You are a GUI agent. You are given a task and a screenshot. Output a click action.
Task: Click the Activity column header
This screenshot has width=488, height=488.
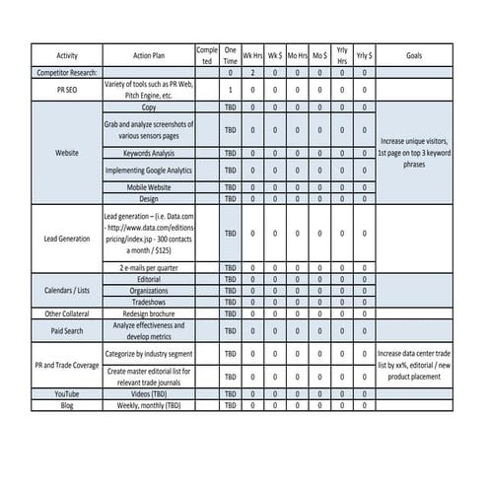(x=67, y=55)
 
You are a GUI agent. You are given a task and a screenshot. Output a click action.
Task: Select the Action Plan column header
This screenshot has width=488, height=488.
(x=149, y=55)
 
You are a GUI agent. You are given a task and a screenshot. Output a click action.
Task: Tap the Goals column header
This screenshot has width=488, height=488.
(x=414, y=55)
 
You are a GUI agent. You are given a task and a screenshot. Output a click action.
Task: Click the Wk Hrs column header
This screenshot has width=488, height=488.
(x=252, y=55)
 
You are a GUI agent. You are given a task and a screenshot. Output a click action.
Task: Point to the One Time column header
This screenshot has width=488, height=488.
(x=230, y=55)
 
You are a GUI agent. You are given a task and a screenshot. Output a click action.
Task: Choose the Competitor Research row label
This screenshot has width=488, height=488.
(x=67, y=73)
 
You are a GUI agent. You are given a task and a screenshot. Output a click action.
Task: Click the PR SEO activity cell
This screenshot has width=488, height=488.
(x=67, y=89)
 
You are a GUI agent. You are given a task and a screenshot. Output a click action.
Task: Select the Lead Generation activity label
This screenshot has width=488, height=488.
(x=67, y=238)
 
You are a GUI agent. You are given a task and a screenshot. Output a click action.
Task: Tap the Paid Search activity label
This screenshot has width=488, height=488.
(x=67, y=331)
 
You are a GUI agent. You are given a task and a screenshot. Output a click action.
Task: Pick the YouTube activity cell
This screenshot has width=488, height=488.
(x=67, y=393)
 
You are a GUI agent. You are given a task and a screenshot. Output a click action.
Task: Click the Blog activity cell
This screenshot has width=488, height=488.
(x=67, y=405)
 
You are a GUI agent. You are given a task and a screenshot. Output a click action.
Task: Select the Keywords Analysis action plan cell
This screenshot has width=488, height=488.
(x=149, y=154)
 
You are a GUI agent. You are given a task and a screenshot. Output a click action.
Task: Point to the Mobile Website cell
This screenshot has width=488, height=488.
(x=149, y=186)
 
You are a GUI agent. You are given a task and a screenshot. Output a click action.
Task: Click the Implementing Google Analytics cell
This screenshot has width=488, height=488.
(x=149, y=171)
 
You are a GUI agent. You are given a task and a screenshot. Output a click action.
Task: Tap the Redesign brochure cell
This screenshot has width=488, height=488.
(x=149, y=314)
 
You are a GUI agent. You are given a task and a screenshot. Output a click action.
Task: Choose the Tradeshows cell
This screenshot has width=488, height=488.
(x=149, y=302)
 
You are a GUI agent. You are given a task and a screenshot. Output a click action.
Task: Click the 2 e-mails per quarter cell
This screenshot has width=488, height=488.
(x=149, y=267)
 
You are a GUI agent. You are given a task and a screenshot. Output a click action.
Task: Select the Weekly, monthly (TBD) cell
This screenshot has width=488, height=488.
(x=149, y=405)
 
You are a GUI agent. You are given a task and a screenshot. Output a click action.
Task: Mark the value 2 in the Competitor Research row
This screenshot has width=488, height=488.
(x=252, y=73)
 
